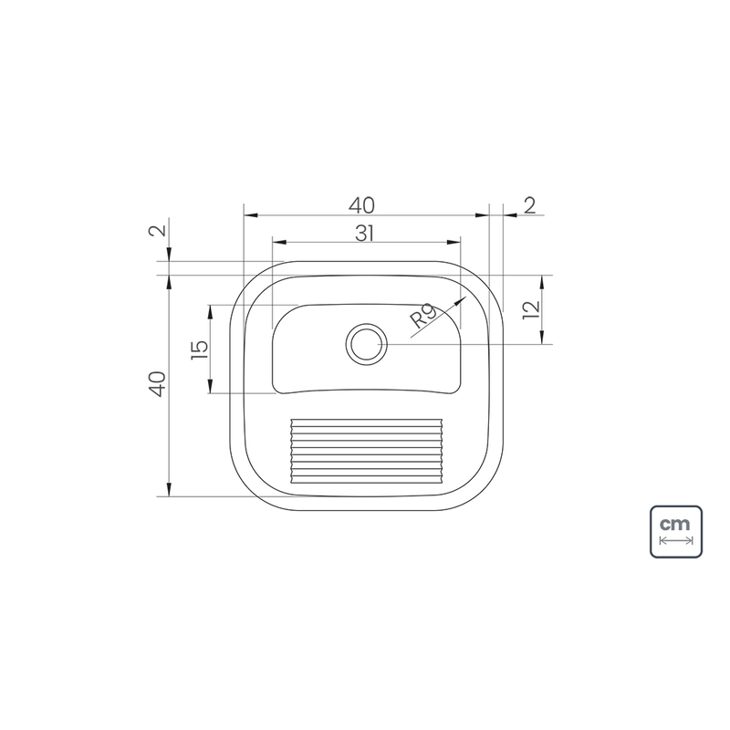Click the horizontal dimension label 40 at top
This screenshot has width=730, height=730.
pyautogui.click(x=361, y=206)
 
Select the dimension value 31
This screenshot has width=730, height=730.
pyautogui.click(x=364, y=234)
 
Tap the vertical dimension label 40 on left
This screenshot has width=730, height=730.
pyautogui.click(x=157, y=384)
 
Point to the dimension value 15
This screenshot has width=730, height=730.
pyautogui.click(x=199, y=349)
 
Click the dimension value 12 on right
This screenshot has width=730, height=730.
pyautogui.click(x=531, y=310)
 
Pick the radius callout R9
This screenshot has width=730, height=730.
pyautogui.click(x=423, y=316)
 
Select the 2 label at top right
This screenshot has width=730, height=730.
pyautogui.click(x=530, y=206)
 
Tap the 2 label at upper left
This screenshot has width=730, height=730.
pyautogui.click(x=157, y=231)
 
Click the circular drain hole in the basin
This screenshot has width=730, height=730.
pyautogui.click(x=367, y=345)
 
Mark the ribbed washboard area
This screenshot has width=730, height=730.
pyautogui.click(x=367, y=451)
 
